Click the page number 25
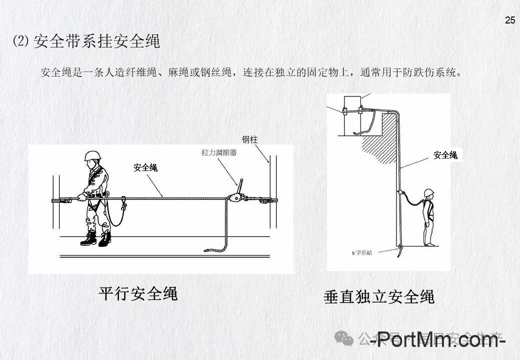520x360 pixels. [510, 20]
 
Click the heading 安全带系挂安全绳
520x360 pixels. [96, 41]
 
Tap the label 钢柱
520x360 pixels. [249, 139]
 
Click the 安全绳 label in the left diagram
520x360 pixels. [145, 168]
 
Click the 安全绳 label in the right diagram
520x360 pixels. [445, 155]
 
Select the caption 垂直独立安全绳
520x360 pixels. [379, 296]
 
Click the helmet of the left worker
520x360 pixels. [91, 155]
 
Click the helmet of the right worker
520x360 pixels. [428, 192]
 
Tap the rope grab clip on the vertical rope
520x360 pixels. [400, 193]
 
